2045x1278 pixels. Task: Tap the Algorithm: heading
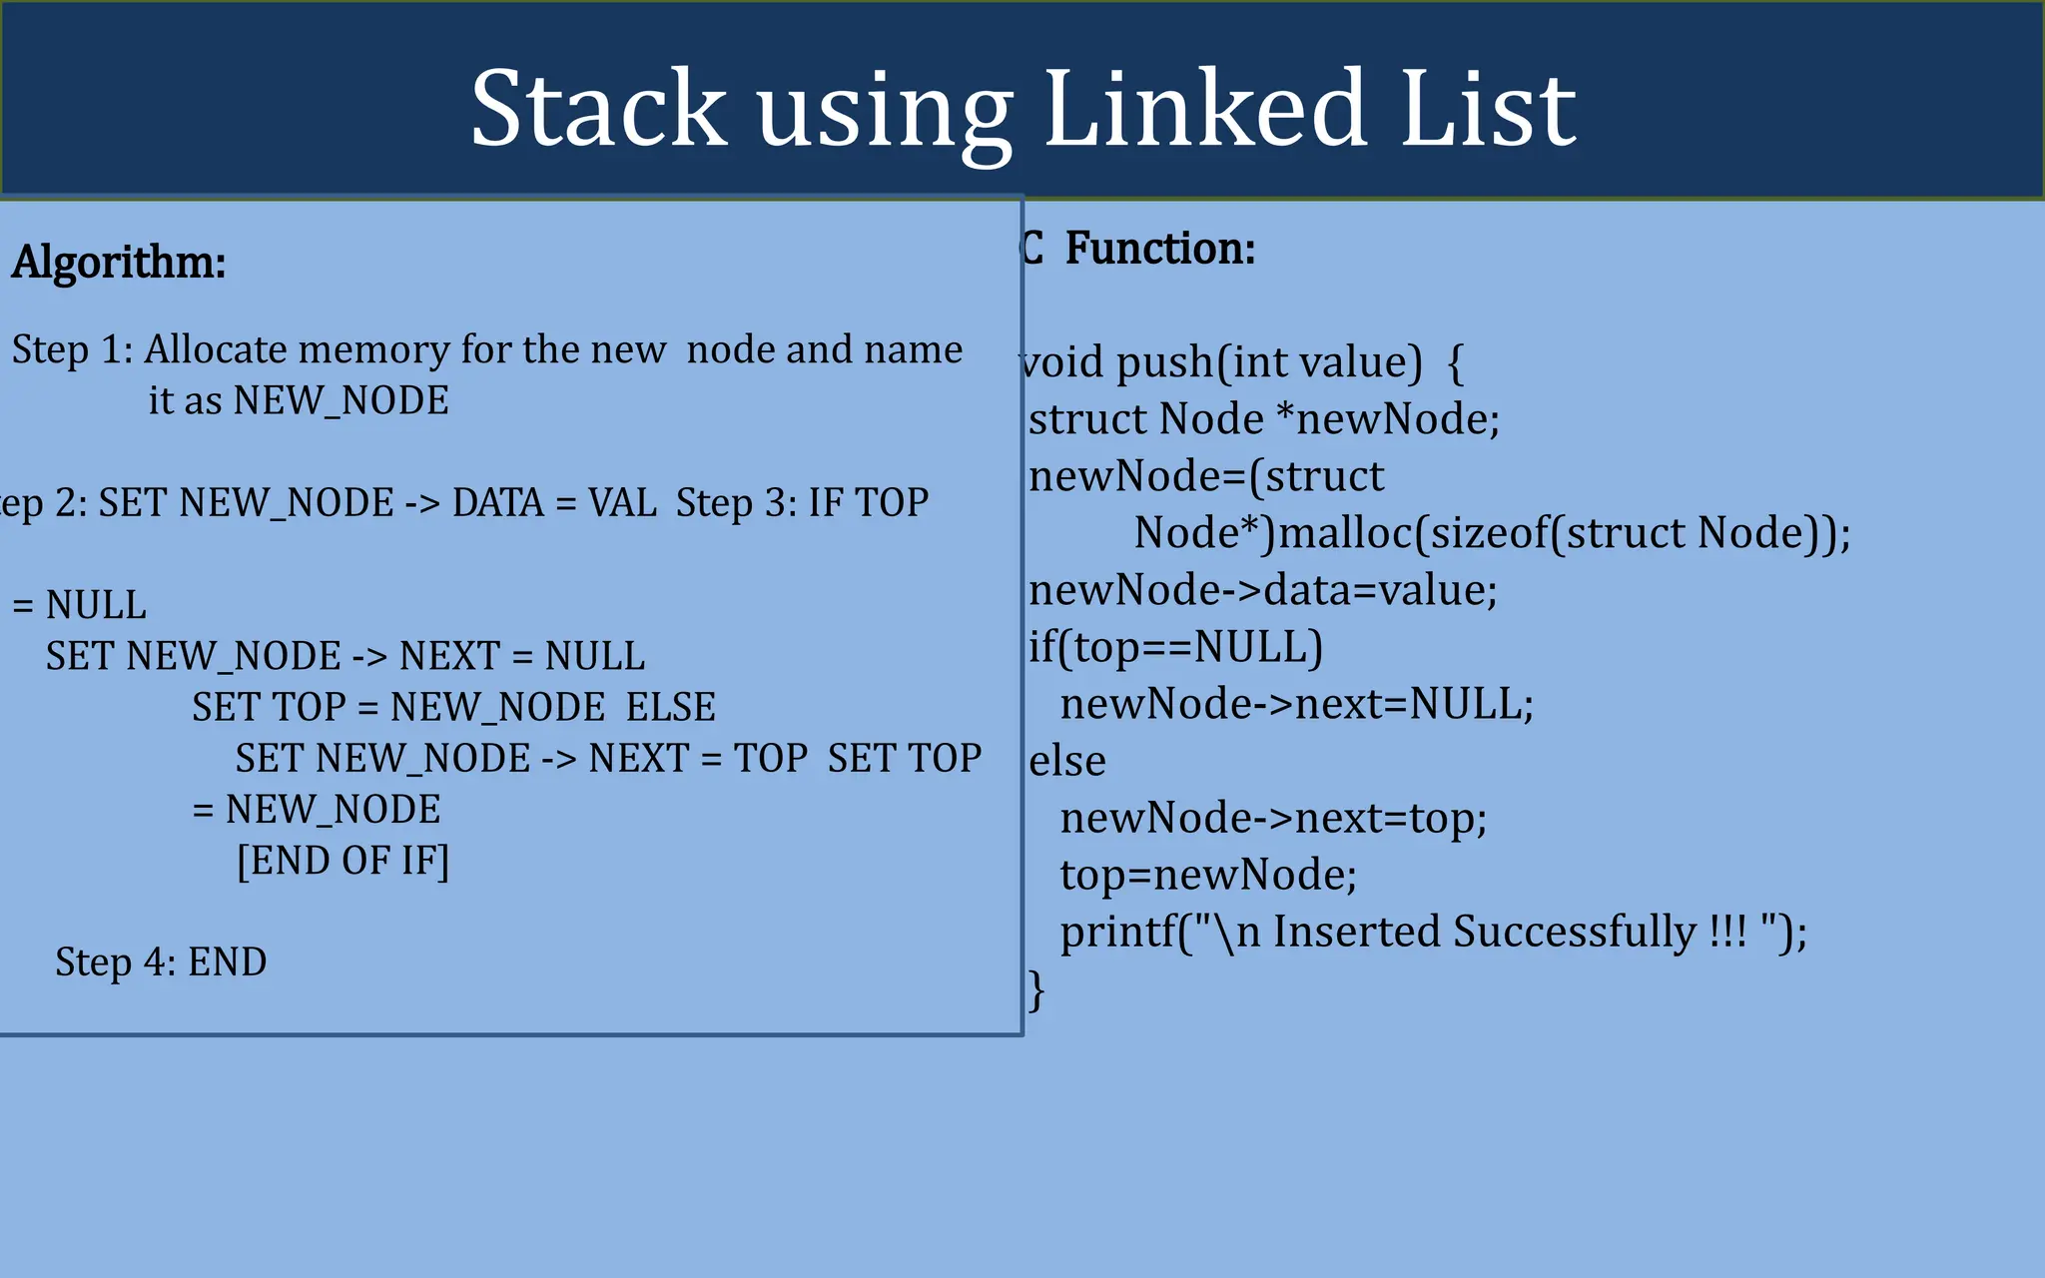point(119,263)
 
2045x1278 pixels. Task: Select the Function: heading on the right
point(1159,249)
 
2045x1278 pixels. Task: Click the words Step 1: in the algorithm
point(72,349)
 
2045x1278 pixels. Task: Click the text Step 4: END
point(161,961)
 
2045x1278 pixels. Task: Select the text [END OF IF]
point(342,860)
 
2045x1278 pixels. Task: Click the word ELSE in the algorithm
point(670,707)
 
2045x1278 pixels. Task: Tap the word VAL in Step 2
point(622,502)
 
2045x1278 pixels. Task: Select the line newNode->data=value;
point(1263,589)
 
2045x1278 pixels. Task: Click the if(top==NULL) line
point(1175,647)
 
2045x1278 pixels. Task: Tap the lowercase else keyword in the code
point(1066,761)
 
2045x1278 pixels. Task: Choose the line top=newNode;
point(1207,875)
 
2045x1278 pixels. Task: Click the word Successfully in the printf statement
point(1574,932)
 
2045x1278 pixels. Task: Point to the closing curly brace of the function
point(1036,989)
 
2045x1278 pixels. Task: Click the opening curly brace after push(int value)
point(1455,361)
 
